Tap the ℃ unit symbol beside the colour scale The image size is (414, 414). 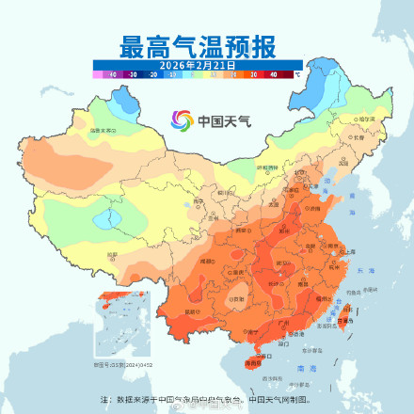pos(296,72)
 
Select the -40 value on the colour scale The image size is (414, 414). pos(112,72)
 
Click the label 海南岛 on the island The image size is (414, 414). pos(251,362)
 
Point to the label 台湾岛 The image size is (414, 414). pos(347,319)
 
